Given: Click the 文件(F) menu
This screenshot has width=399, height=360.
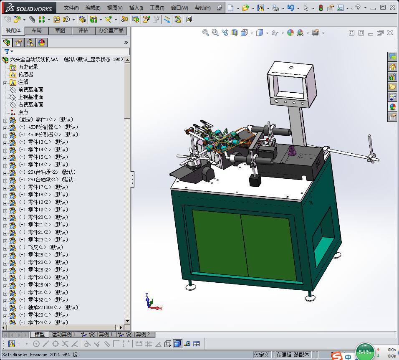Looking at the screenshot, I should [x=71, y=8].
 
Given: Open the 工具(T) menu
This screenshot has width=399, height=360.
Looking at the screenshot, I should [x=157, y=8].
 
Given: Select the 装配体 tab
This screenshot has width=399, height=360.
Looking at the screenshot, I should [x=13, y=30].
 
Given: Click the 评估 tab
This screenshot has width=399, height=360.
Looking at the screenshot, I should [x=83, y=30].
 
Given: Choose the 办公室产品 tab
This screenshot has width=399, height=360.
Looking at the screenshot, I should [x=111, y=30].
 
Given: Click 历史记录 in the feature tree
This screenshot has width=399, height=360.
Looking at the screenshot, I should [x=28, y=67].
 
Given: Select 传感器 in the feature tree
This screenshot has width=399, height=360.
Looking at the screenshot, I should [x=25, y=74].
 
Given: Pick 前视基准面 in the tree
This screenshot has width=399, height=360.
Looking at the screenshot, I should [x=30, y=89].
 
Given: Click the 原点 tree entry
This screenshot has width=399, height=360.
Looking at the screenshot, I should [x=23, y=112].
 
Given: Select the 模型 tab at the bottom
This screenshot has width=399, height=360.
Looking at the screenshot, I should [x=40, y=335].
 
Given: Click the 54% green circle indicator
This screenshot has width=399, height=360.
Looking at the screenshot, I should [x=365, y=352].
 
